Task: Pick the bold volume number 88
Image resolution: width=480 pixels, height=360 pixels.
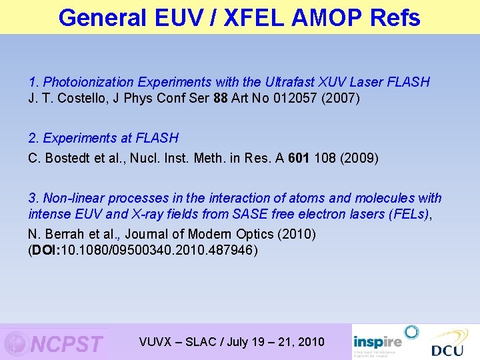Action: coord(219,99)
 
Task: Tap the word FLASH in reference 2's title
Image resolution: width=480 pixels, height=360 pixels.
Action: coord(157,138)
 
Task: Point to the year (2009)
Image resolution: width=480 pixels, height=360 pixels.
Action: coord(360,158)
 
